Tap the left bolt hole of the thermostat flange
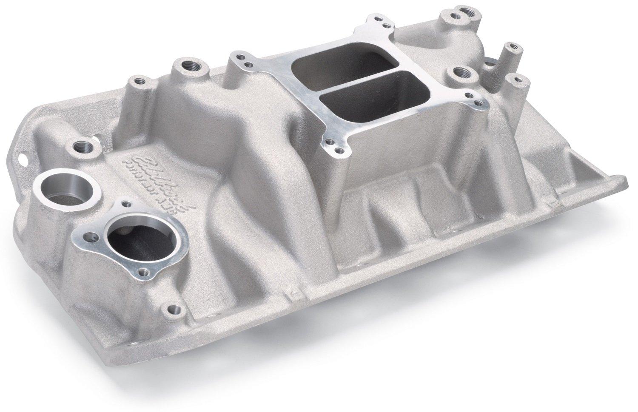(x=90, y=235)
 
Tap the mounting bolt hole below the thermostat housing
(x=172, y=308)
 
